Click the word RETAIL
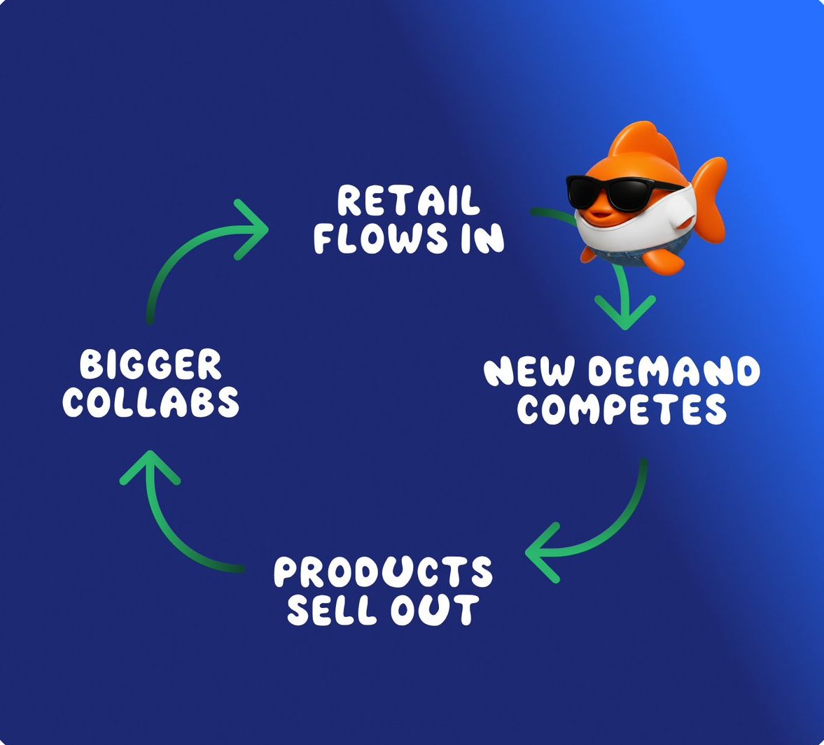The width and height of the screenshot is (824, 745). coord(408,201)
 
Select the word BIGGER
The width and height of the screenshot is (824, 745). coord(150,365)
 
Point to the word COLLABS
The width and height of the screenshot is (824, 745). coord(151,402)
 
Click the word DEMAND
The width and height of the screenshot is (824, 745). coord(673,371)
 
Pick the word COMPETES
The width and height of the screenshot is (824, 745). coord(622,409)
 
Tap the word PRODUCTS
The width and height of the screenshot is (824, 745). coord(383,572)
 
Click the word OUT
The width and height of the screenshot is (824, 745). coord(435,610)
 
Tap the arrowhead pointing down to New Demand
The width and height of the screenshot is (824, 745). coord(624,312)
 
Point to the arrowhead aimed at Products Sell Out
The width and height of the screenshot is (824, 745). coord(541,553)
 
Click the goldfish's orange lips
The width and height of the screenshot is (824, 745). coord(599,214)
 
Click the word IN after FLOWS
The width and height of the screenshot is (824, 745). coord(482,238)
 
